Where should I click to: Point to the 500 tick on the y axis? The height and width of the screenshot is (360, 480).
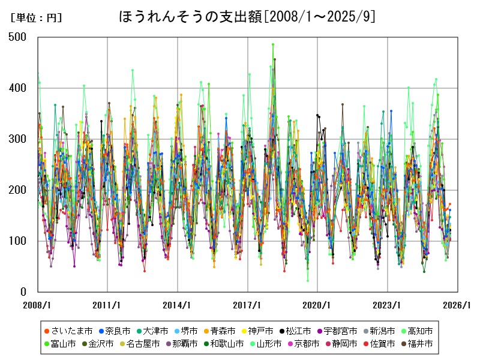point(18,37)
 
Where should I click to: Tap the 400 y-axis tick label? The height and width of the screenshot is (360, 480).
point(18,88)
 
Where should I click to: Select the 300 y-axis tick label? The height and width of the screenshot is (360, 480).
point(18,139)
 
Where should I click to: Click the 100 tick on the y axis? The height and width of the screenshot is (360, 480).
point(18,241)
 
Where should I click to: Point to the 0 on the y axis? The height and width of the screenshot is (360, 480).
point(23,292)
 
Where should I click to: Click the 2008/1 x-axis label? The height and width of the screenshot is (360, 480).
point(37,305)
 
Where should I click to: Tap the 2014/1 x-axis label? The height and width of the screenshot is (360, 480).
point(178,305)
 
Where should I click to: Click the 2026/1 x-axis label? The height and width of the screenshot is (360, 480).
point(458,305)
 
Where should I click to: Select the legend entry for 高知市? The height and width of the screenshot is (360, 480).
point(418,331)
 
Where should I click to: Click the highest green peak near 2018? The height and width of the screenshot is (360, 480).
point(273,44)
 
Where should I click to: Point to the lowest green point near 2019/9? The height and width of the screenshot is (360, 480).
point(308,280)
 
